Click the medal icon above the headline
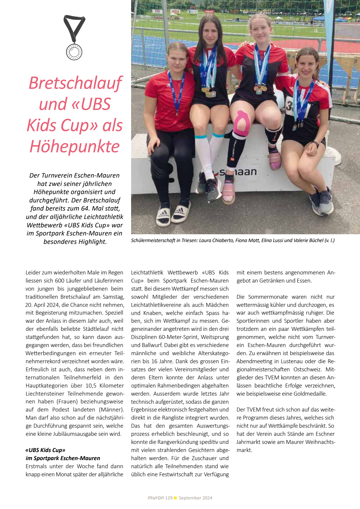74,38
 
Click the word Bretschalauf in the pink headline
75,83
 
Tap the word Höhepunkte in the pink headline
75,147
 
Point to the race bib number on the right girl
289,105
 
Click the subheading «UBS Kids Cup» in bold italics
45,450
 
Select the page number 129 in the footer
169,498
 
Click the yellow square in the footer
175,498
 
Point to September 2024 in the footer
195,498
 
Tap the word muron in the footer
155,498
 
